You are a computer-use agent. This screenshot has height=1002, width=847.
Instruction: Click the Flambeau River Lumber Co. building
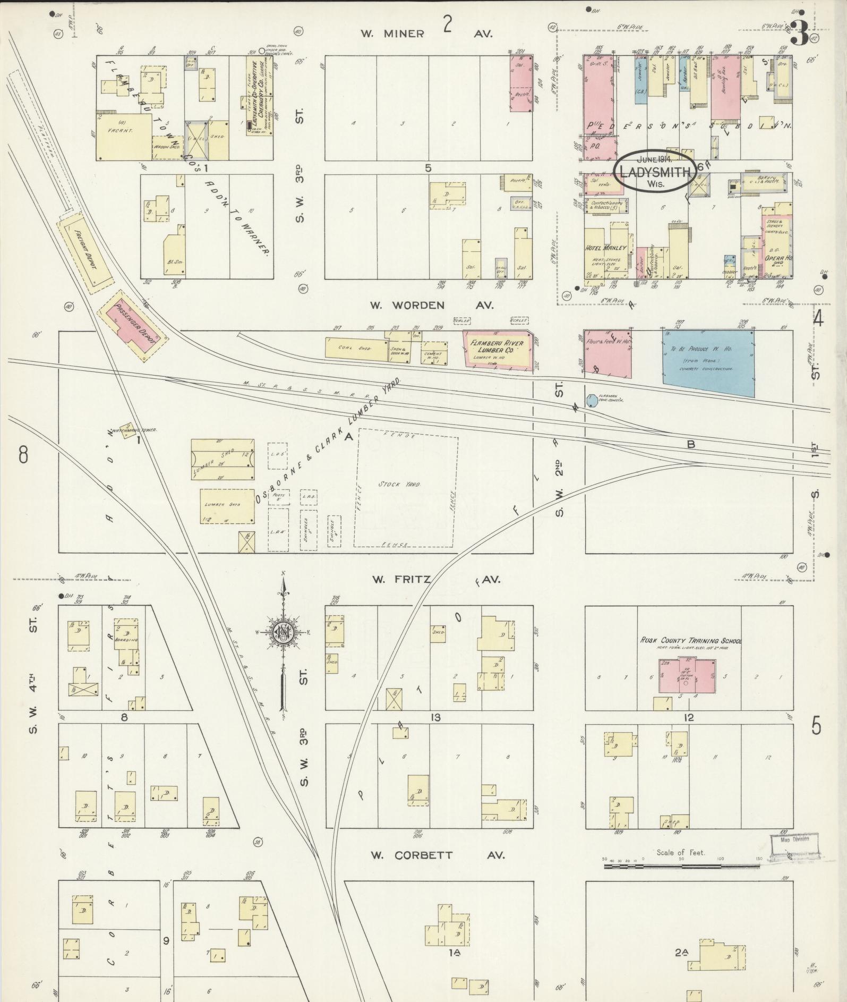click(x=497, y=349)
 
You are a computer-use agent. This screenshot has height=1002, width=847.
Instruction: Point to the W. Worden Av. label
click(x=432, y=305)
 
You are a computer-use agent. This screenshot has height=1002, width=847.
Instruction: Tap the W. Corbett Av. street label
click(x=437, y=855)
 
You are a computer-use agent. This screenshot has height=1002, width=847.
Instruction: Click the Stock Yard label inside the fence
click(x=406, y=485)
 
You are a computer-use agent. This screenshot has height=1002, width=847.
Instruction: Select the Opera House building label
click(x=776, y=254)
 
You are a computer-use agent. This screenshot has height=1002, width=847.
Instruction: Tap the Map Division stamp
click(x=794, y=855)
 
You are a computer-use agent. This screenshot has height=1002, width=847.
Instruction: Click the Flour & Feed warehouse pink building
click(x=608, y=354)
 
